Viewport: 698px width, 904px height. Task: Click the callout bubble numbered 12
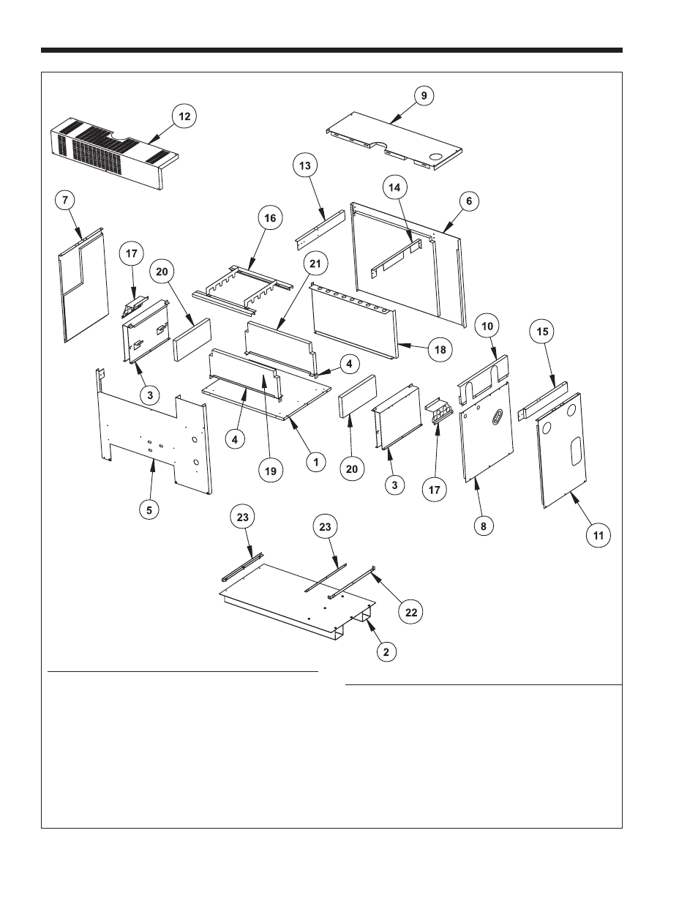[x=184, y=116]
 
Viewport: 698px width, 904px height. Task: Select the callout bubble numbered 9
[x=424, y=95]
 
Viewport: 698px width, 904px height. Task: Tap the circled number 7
[x=67, y=199]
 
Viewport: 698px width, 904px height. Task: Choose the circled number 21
[x=316, y=263]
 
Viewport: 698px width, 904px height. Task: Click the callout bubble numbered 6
[x=468, y=201]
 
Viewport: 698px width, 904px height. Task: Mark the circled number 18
[x=440, y=350]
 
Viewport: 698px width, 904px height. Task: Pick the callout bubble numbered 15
[x=542, y=332]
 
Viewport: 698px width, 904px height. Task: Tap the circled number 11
[x=598, y=536]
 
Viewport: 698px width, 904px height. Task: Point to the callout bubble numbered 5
[x=149, y=510]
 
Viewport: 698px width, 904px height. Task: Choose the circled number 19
[x=270, y=471]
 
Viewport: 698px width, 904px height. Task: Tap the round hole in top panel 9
[x=434, y=155]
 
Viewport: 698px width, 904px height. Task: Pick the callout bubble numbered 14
[x=394, y=187]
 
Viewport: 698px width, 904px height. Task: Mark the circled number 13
[x=305, y=166]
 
